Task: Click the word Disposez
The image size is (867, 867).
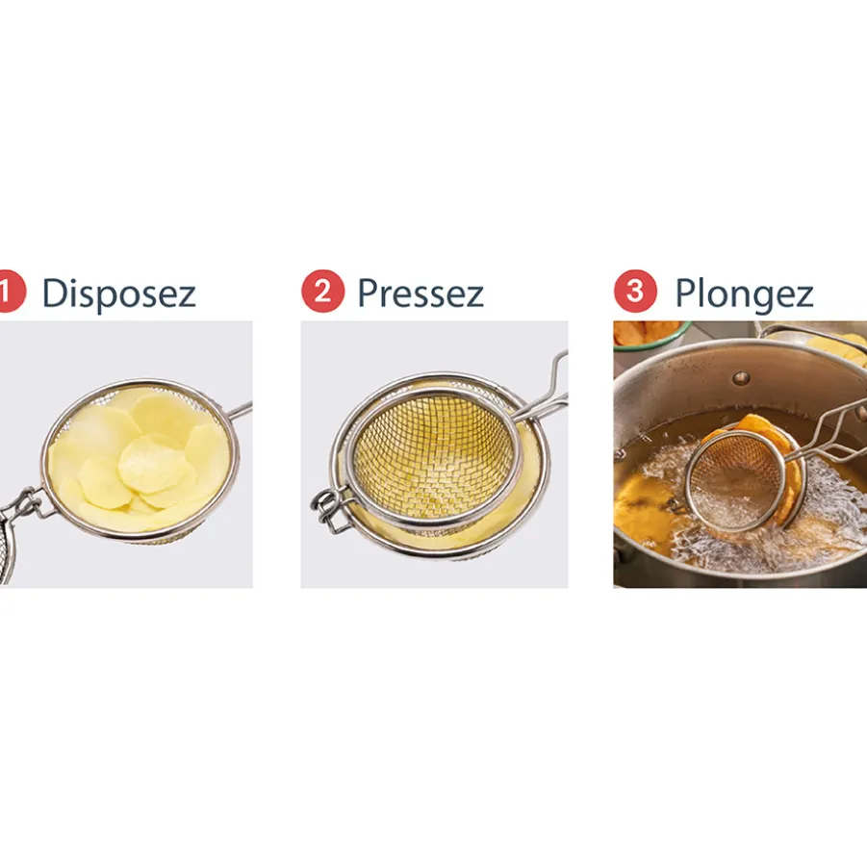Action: [119, 293]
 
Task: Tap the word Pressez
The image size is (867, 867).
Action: [421, 293]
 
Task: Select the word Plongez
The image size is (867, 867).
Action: [744, 294]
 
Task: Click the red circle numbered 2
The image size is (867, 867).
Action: [323, 291]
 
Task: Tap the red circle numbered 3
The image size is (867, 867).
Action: [635, 291]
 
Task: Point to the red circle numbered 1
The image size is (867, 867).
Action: [11, 291]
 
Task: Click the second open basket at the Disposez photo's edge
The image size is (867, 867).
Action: [6, 548]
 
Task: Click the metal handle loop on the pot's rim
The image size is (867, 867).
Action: [813, 332]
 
